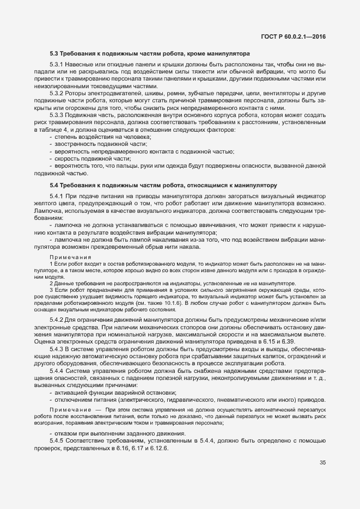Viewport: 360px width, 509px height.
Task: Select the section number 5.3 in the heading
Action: pyautogui.click(x=54, y=54)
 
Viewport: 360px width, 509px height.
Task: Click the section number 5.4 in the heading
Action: pyautogui.click(x=54, y=170)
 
